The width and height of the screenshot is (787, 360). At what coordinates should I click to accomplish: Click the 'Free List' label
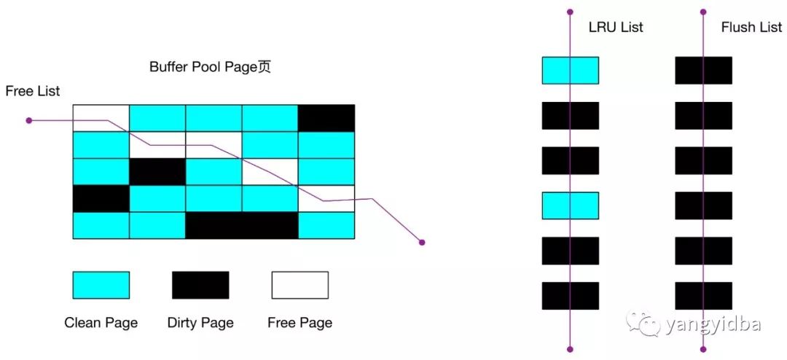point(33,91)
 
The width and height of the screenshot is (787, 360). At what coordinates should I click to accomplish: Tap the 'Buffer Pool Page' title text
point(210,67)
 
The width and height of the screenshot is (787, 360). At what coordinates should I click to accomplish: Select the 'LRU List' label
point(616,28)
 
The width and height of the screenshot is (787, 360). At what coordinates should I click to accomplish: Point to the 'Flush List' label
point(751,28)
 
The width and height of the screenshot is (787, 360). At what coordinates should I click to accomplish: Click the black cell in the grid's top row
point(326,118)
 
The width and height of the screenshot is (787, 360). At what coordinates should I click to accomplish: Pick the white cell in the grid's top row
point(101,118)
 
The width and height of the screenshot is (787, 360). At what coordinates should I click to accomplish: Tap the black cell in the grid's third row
point(157,172)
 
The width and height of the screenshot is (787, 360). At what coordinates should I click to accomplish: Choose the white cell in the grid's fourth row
point(326,199)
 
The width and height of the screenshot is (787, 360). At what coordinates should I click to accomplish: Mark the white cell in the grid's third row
point(270,172)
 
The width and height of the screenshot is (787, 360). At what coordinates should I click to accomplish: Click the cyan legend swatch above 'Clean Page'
point(101,285)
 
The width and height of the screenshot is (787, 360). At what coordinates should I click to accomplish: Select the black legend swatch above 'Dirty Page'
point(200,285)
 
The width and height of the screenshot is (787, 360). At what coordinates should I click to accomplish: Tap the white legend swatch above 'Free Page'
point(300,285)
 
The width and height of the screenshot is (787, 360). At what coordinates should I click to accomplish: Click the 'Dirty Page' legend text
point(200,323)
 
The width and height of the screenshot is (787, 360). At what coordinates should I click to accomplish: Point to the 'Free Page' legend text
point(300,323)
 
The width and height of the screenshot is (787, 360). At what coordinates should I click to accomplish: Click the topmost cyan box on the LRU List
point(571,71)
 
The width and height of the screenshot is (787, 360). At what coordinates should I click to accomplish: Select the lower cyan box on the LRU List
point(571,206)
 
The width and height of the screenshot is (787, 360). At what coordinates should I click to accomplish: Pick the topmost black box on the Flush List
point(704,71)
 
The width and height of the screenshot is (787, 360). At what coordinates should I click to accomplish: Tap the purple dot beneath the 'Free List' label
point(29,120)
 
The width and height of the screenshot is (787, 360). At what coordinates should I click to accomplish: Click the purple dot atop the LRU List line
point(571,12)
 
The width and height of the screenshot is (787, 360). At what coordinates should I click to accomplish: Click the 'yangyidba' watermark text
point(712,324)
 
